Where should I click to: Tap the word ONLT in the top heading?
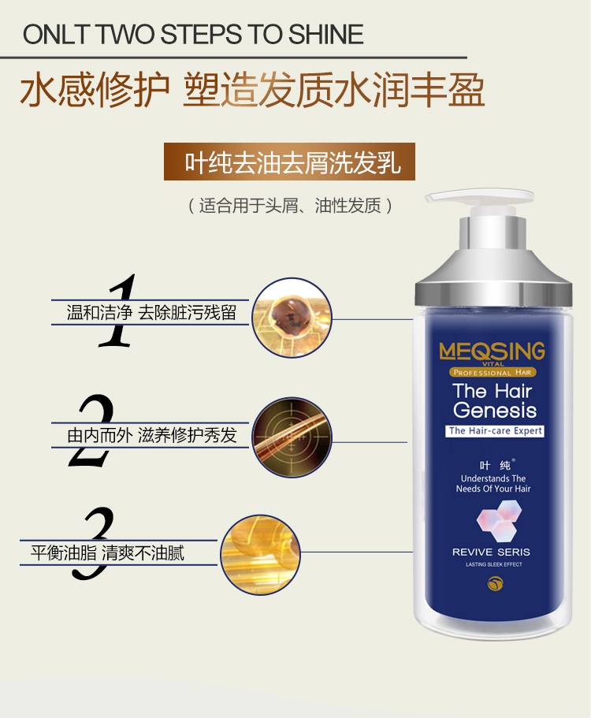(55, 35)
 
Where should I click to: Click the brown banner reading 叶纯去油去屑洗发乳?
(289, 162)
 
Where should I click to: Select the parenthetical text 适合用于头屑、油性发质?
(291, 206)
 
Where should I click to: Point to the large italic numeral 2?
(91, 430)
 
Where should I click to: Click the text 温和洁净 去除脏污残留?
(151, 313)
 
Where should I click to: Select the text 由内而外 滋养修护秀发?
(151, 435)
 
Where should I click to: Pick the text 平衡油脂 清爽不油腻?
(108, 552)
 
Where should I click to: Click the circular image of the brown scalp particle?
(292, 318)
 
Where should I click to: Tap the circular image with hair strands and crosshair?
(292, 437)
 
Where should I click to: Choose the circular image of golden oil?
(260, 555)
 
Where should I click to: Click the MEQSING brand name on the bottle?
(492, 352)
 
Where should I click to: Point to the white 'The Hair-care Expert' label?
(495, 431)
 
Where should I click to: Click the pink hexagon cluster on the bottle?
(499, 520)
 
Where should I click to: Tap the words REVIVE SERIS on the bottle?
(491, 552)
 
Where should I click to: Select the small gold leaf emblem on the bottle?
(495, 583)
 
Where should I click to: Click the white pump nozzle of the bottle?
(479, 197)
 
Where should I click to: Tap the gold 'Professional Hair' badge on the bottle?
(492, 372)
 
